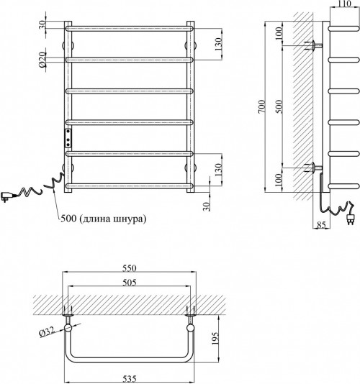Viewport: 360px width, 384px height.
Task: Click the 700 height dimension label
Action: [x=262, y=106]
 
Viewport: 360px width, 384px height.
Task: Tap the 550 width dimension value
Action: [x=129, y=268]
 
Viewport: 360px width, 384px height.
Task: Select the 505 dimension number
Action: [x=129, y=283]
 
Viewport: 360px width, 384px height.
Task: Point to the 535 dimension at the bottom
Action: [x=129, y=379]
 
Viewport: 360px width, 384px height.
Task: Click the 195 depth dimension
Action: [x=215, y=339]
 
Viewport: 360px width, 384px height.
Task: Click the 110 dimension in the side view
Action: [x=345, y=4]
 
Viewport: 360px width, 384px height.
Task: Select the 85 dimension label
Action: [x=321, y=224]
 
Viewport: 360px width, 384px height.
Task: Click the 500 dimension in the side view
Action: [x=279, y=106]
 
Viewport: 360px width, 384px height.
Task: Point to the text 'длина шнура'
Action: [x=113, y=219]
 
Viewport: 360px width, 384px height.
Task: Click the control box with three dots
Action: [x=68, y=138]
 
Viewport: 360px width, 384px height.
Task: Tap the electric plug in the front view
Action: [x=6, y=196]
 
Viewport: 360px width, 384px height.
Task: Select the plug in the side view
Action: [x=349, y=219]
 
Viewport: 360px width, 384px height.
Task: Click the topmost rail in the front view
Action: [x=130, y=29]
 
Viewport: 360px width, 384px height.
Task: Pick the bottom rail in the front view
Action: [x=130, y=186]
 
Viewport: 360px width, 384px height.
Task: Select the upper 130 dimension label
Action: [x=218, y=44]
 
